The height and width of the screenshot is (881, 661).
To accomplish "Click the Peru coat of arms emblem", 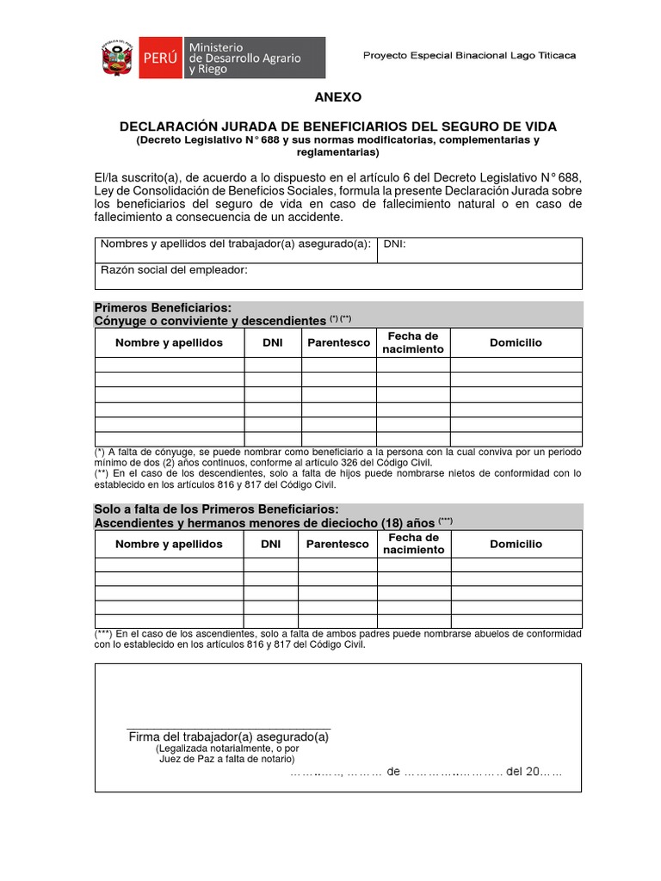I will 114,58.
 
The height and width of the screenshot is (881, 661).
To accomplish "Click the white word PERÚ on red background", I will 158,58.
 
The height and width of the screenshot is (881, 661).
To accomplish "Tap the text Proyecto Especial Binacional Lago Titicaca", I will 469,55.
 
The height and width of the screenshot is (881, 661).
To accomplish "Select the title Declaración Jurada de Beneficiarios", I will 337,126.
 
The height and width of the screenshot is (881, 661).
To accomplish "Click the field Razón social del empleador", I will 174,270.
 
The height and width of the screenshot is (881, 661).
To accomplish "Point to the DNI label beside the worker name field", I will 394,244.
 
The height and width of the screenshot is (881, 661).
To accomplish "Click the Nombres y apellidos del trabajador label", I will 235,244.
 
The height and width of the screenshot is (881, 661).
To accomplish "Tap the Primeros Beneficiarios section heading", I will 163,307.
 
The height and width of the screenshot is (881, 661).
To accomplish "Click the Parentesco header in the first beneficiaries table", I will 338,342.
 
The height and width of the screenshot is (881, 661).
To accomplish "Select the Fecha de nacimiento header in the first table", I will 413,342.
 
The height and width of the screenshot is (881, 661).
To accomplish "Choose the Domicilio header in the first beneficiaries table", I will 516,342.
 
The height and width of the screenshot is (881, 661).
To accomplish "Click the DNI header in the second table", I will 271,544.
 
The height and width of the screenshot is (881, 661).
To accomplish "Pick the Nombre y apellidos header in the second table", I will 169,544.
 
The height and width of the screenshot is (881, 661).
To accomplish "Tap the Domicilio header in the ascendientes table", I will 516,544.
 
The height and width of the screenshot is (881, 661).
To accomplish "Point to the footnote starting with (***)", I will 337,638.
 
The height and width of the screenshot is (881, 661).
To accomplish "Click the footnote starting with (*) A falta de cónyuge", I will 337,456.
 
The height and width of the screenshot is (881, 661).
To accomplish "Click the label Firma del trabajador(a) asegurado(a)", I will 228,736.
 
